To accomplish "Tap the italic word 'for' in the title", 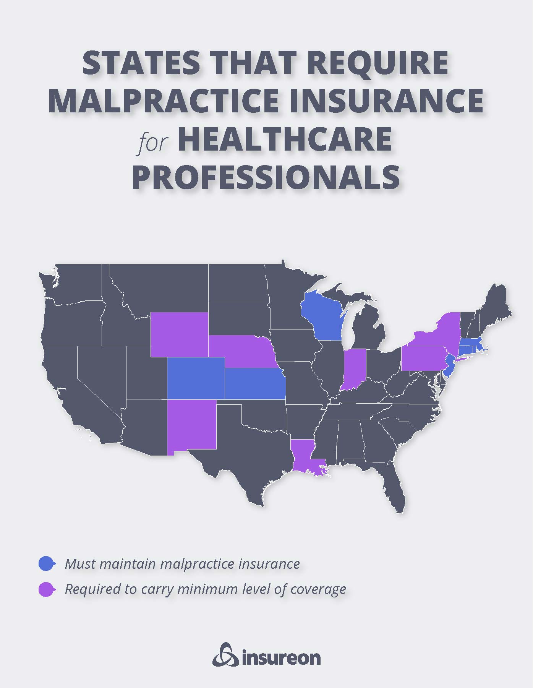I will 153,142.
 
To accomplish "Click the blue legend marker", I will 47,563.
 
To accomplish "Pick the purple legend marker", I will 47,589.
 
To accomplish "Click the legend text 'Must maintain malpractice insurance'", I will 182,564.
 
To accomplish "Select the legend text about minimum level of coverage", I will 205,589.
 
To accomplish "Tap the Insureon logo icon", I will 225,654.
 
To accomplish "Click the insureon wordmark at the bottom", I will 281,658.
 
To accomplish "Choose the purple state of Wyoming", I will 179,334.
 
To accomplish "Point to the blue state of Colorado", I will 196,378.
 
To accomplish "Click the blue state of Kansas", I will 254,384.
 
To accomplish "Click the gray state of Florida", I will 395,489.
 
